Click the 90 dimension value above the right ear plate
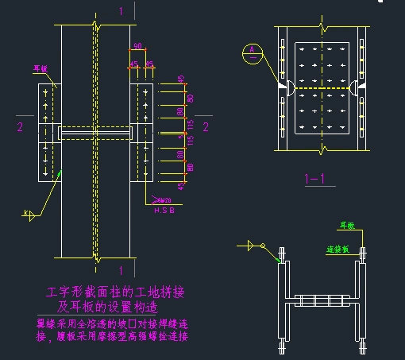[137, 46]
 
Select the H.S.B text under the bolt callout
[163, 210]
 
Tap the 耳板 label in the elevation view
[40, 69]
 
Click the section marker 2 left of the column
[20, 126]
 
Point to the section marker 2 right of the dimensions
[205, 126]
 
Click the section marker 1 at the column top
[121, 11]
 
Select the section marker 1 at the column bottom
[121, 270]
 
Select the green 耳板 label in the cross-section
[347, 226]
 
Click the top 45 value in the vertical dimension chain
[181, 79]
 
